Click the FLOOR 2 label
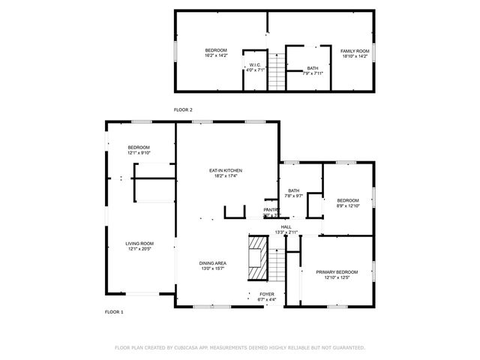pyautogui.click(x=183, y=110)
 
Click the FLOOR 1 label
pyautogui.click(x=113, y=310)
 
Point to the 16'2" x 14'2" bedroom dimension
pyautogui.click(x=216, y=55)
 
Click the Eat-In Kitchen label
pyautogui.click(x=225, y=171)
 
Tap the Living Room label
pyautogui.click(x=139, y=243)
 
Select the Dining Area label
pyautogui.click(x=213, y=263)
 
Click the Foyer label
pyautogui.click(x=267, y=294)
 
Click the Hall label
pyautogui.click(x=286, y=226)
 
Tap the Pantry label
pyautogui.click(x=271, y=209)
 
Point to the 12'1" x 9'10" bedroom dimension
pyautogui.click(x=139, y=152)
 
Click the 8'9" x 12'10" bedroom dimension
pyautogui.click(x=348, y=205)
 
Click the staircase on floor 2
pyautogui.click(x=276, y=73)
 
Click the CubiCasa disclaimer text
pyautogui.click(x=239, y=348)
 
